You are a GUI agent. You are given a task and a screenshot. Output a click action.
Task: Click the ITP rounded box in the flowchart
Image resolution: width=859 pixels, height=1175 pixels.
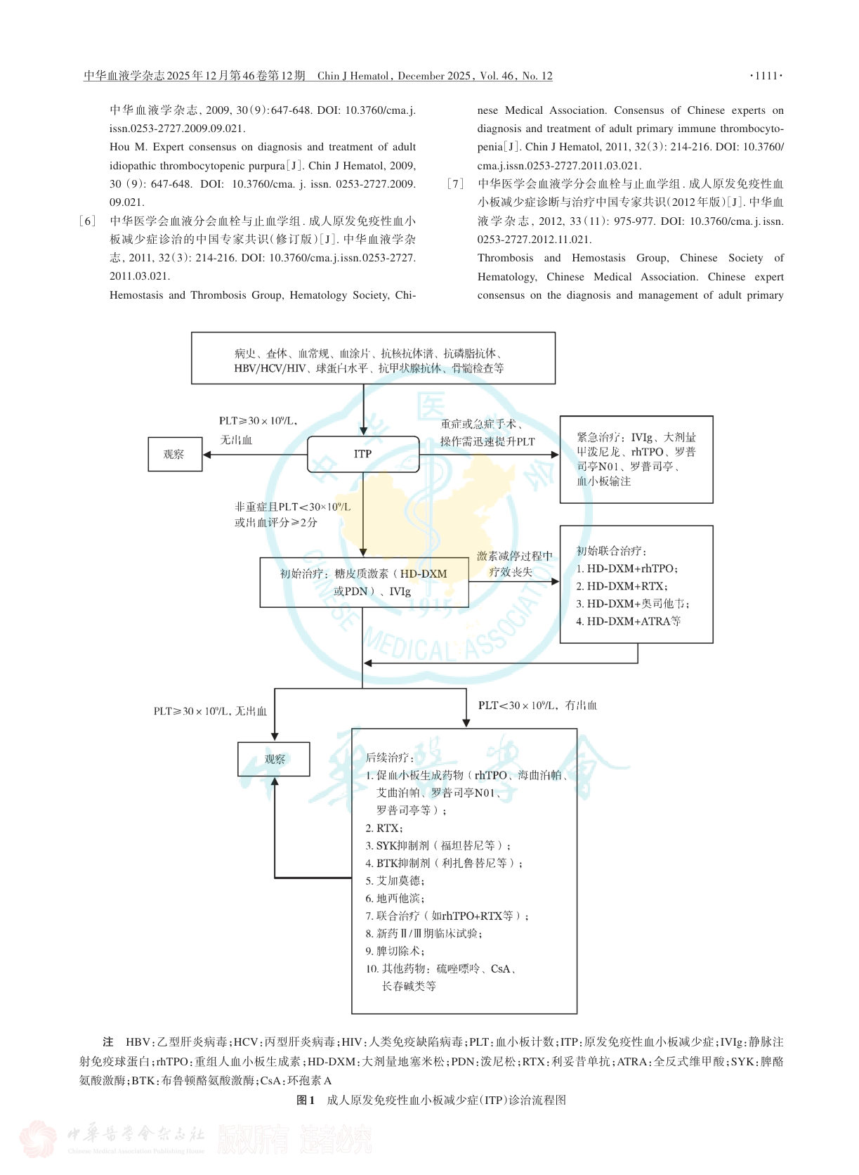362,454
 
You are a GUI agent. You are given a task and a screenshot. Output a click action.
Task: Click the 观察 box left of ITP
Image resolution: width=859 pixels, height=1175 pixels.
175,454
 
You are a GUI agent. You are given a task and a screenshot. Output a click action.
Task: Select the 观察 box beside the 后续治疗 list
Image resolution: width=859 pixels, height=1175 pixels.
274,759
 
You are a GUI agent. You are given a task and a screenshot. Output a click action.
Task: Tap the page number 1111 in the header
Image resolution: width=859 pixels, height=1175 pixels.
766,75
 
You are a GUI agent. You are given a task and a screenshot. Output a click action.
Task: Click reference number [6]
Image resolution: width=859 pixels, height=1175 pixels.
87,221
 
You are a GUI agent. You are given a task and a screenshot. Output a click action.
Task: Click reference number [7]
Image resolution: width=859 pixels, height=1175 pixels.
455,183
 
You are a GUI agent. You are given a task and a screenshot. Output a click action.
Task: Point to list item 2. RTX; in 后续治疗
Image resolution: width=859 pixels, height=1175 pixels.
384,829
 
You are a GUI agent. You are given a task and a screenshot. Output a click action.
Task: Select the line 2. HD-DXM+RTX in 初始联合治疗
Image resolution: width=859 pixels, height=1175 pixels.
622,586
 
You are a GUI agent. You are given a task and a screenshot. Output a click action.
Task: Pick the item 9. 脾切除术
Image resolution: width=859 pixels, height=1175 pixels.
395,951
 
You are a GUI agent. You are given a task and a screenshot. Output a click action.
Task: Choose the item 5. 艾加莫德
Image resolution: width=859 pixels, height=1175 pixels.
395,881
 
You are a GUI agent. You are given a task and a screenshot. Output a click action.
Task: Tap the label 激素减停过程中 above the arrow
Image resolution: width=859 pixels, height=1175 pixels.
514,556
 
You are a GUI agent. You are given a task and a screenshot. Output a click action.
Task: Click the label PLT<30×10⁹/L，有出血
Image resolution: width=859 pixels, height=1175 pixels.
537,706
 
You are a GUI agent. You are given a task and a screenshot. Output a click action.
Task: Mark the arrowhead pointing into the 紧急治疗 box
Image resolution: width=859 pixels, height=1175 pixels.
556,454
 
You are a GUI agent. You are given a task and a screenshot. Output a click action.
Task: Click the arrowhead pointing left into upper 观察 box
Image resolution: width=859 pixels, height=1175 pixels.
206,454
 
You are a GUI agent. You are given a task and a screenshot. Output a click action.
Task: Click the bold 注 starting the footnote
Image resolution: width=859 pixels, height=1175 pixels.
108,1042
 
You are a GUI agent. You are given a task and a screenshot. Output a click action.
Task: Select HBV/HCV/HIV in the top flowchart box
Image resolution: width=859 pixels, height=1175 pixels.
270,368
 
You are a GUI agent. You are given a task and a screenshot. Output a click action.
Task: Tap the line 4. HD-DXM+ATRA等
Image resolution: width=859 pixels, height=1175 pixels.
628,621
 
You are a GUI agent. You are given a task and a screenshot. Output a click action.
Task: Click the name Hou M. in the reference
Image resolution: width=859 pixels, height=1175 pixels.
129,147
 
